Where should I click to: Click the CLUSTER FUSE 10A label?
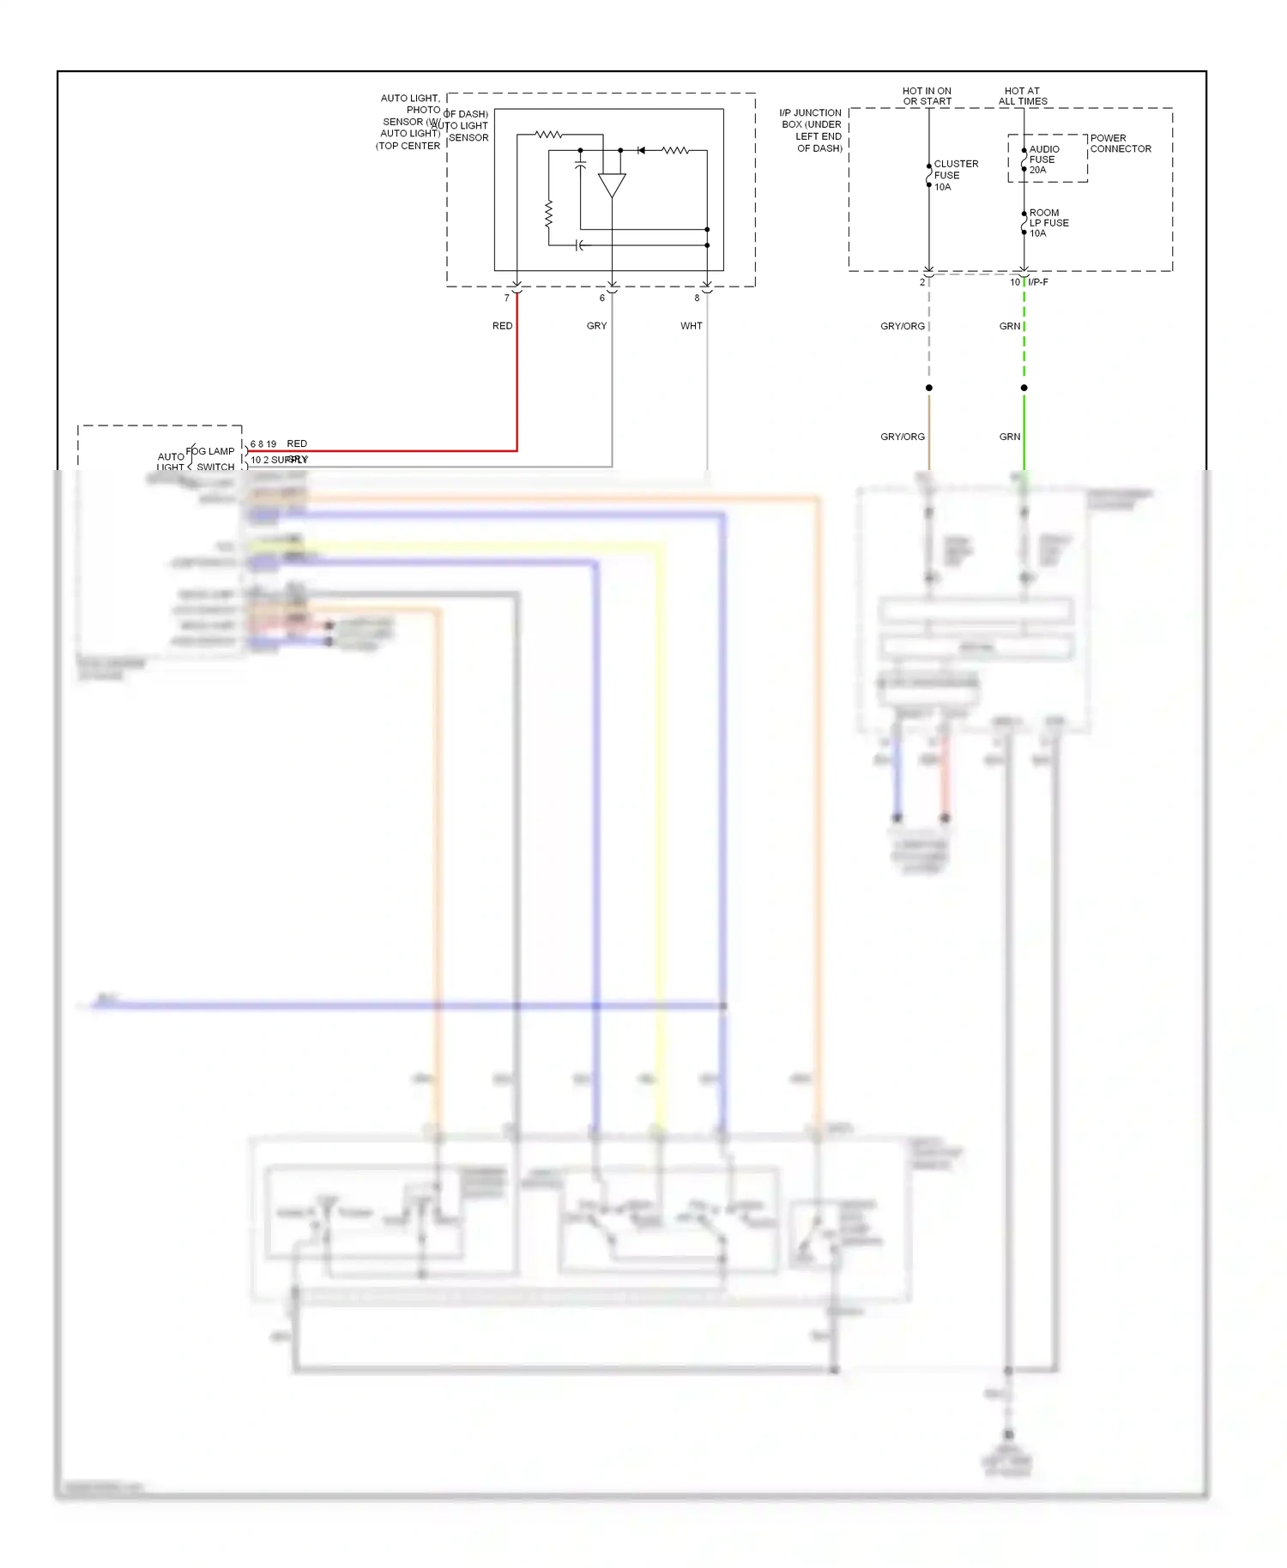point(955,175)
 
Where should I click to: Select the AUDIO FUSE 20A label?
point(1043,160)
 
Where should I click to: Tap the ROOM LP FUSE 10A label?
point(1048,223)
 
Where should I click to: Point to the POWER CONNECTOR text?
point(1120,143)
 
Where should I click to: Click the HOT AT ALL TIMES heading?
point(1022,96)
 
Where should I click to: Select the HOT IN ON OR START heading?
point(927,96)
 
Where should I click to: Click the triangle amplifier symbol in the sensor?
point(612,185)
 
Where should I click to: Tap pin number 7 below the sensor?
point(506,299)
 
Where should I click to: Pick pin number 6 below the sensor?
point(601,299)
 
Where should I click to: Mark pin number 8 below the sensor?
point(697,299)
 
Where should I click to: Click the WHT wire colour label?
point(691,326)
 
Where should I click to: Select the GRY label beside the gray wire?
point(596,326)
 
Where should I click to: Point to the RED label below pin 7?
point(502,326)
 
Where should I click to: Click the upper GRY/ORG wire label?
point(902,326)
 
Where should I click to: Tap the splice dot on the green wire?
point(1024,388)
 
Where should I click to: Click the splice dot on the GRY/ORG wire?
point(928,388)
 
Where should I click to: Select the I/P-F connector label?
point(1037,282)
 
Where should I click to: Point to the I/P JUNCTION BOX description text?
point(811,130)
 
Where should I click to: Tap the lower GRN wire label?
point(1009,437)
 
